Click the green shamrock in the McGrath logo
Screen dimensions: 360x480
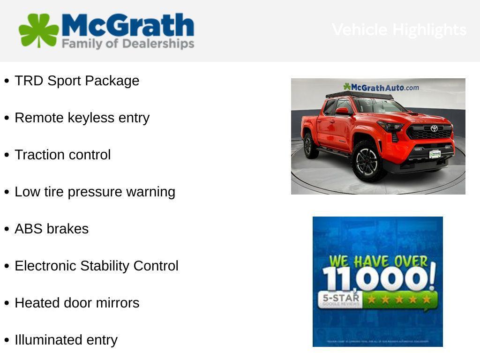click(x=38, y=30)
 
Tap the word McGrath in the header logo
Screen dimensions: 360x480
click(x=127, y=25)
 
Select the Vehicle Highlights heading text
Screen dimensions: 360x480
click(x=399, y=30)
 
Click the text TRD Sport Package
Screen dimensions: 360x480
click(x=77, y=81)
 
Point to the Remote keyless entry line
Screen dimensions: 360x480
click(x=82, y=118)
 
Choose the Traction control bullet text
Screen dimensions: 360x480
click(x=63, y=155)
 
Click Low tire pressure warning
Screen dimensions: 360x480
click(x=95, y=192)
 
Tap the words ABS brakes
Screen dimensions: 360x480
click(x=52, y=229)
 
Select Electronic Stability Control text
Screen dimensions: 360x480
click(x=97, y=266)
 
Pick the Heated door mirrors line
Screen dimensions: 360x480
click(x=77, y=303)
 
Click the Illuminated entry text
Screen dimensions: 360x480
click(x=66, y=340)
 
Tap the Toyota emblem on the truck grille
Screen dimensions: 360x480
click(x=434, y=128)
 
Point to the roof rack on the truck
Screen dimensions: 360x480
click(x=360, y=95)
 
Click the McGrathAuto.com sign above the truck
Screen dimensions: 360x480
click(x=381, y=87)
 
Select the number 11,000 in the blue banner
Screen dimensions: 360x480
click(x=378, y=278)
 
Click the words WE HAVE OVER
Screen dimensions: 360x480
click(x=378, y=261)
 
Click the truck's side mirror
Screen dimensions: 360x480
click(x=342, y=111)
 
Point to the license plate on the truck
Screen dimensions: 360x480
click(x=435, y=154)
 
